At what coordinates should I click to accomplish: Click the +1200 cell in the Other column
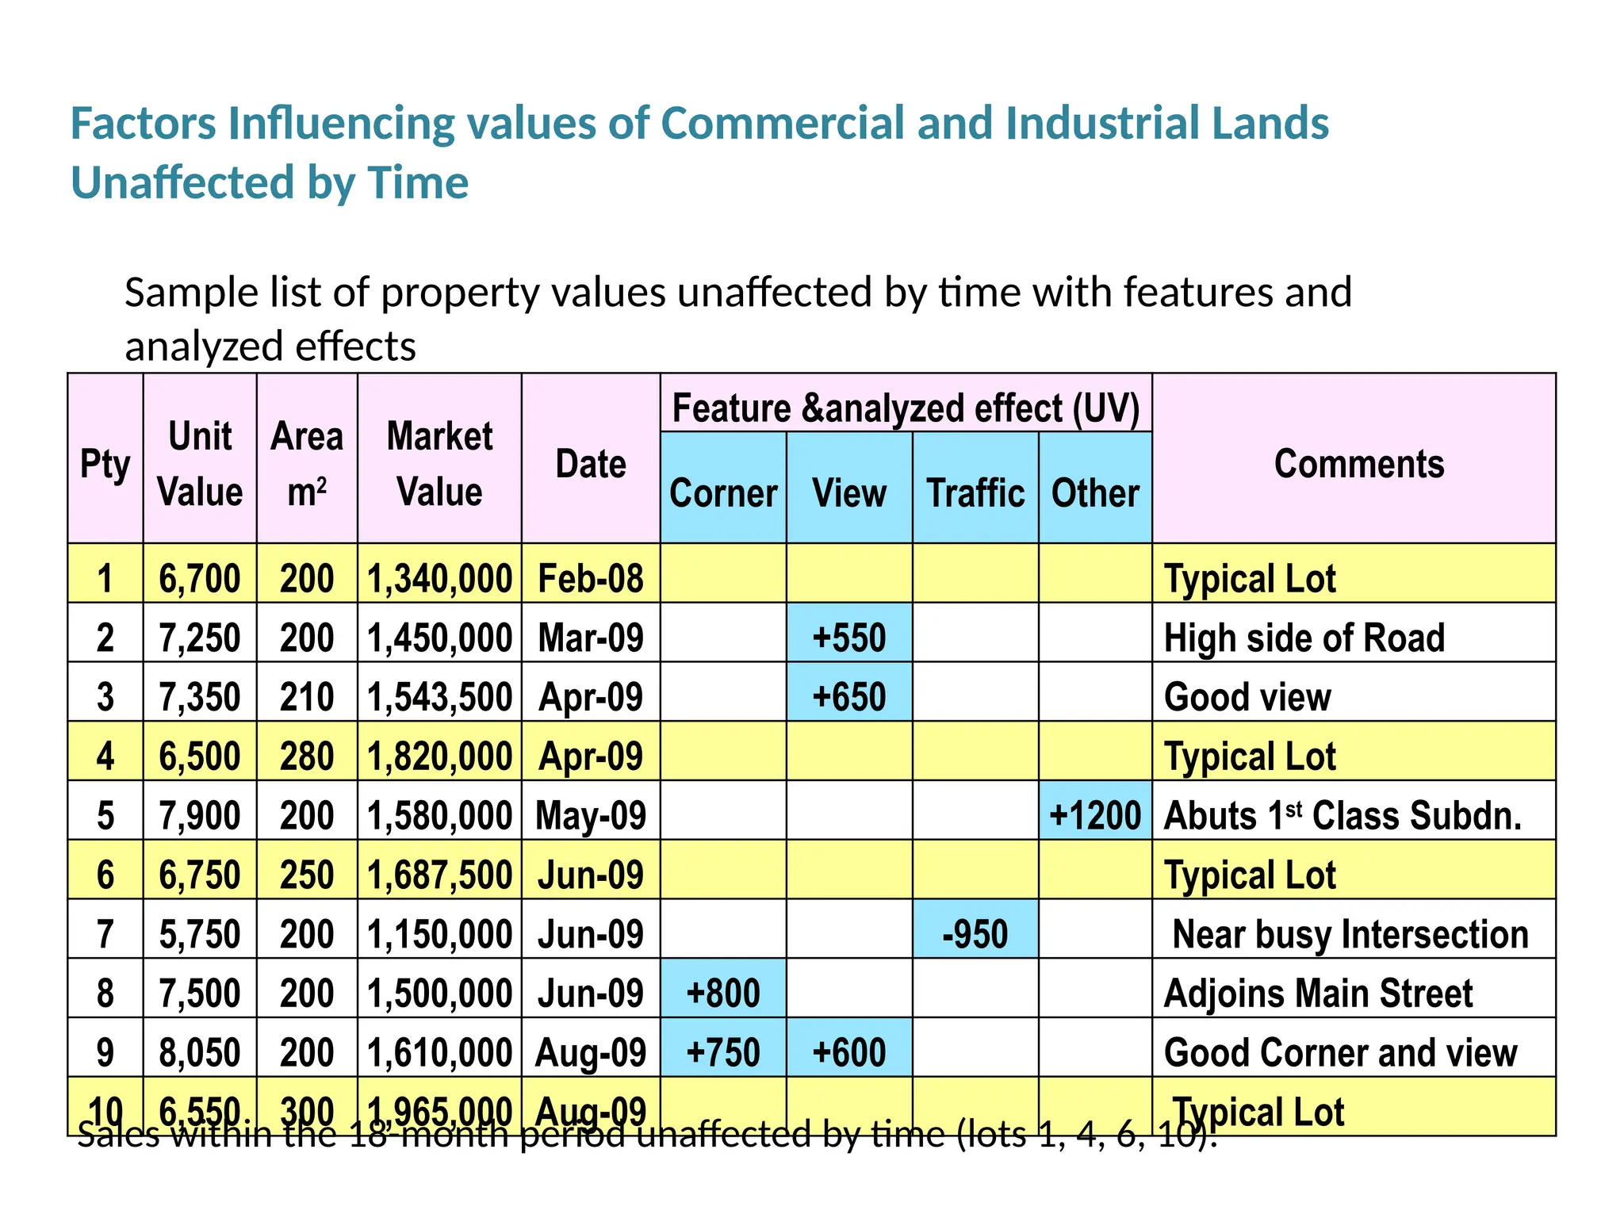click(1094, 815)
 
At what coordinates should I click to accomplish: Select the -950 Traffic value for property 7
click(975, 934)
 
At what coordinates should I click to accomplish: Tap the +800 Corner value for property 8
click(722, 993)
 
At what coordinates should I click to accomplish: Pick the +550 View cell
click(848, 638)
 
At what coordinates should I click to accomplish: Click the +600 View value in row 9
click(848, 1052)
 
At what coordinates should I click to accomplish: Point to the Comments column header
click(1358, 463)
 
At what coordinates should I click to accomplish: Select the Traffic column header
click(975, 492)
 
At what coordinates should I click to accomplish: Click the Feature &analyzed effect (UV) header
click(906, 408)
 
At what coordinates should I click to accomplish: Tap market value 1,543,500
click(439, 697)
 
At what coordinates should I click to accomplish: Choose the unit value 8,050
click(200, 1052)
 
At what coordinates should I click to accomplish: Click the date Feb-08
click(591, 578)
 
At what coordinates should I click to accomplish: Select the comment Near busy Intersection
click(1350, 934)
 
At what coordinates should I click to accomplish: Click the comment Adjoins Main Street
click(1318, 993)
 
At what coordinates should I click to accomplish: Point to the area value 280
click(307, 756)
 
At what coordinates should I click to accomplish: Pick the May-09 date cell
click(591, 815)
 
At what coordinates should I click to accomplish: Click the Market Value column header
click(439, 463)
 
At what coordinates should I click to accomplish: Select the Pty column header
click(105, 463)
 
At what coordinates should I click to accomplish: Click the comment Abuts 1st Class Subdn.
click(1342, 815)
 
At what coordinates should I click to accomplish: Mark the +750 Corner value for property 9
click(722, 1052)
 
